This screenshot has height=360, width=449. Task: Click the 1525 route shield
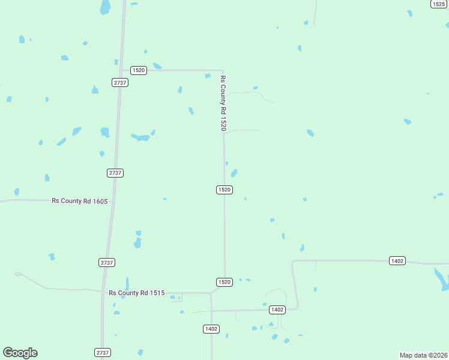point(438,4)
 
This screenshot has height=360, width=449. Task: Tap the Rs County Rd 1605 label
point(79,202)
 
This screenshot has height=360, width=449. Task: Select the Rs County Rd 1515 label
point(137,293)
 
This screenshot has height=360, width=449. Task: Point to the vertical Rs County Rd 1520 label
point(223,103)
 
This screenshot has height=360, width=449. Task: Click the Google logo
point(20,353)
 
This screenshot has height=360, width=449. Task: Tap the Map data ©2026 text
point(424,355)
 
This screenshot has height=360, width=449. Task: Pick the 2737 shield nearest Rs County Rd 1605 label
point(115,173)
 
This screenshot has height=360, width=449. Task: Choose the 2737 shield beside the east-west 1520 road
point(120,83)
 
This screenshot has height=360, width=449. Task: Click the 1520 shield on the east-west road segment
point(139,70)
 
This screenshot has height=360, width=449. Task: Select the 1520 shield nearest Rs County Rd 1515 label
point(224,282)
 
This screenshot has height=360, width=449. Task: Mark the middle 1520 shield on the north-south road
point(224,190)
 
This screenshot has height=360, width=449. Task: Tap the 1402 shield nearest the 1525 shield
point(397,260)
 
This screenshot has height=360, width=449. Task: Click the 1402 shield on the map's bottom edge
point(211,329)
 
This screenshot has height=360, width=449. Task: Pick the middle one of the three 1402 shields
point(277,310)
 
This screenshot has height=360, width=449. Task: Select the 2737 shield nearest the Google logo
point(103,353)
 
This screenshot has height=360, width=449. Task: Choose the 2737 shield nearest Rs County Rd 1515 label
point(106,263)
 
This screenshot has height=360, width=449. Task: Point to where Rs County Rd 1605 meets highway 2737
point(112,201)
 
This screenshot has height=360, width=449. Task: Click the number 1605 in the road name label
point(100,202)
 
